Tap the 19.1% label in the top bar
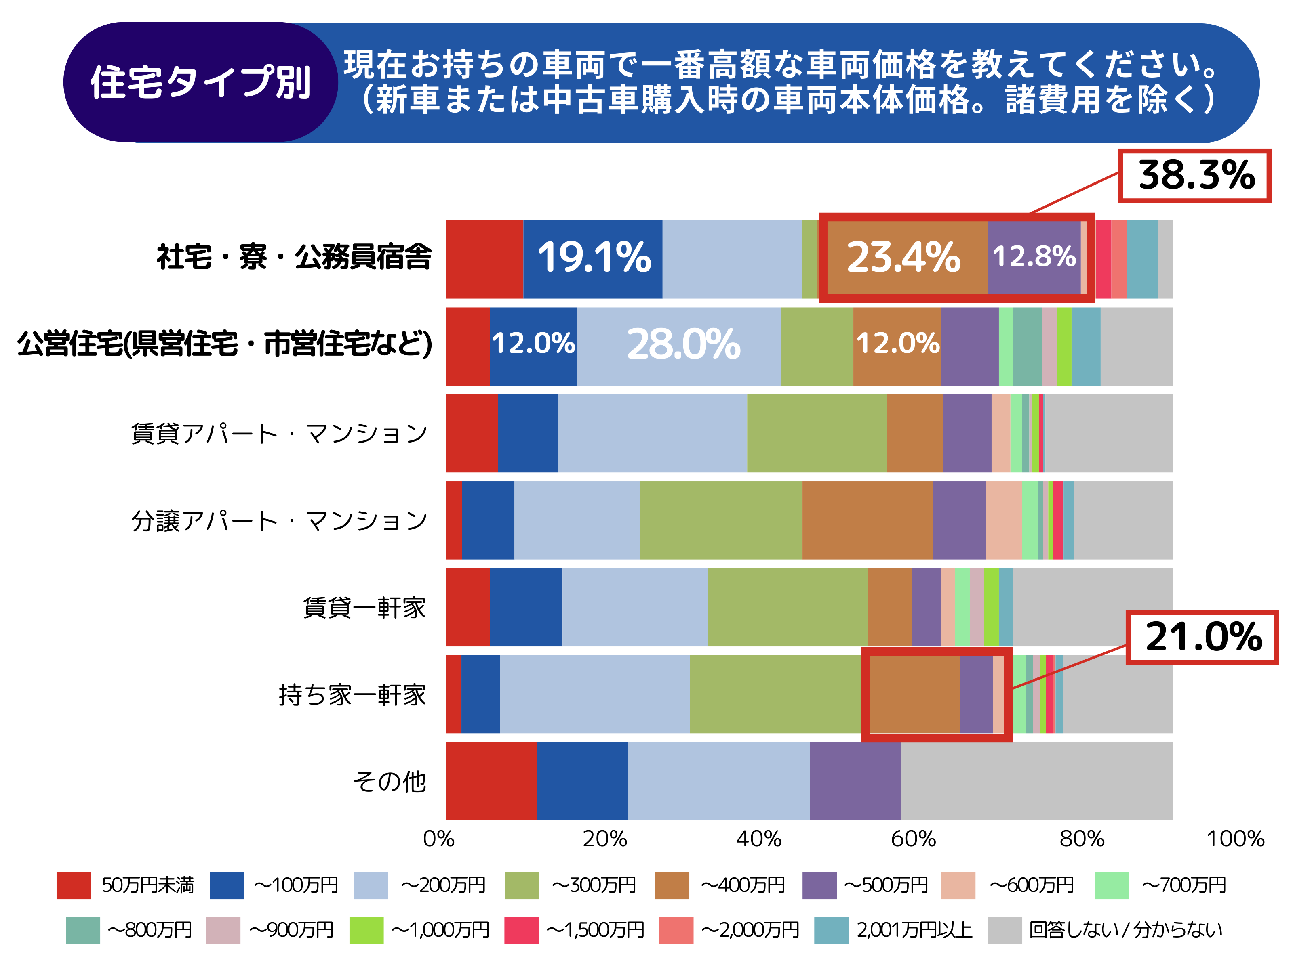click(593, 258)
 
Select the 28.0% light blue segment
click(682, 345)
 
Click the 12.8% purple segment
click(1034, 257)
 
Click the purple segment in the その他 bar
click(855, 781)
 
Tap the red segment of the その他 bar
click(491, 781)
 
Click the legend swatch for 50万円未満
click(74, 885)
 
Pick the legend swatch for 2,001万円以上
click(831, 930)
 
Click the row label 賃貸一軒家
click(364, 608)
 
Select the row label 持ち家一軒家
click(352, 694)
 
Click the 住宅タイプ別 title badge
click(200, 82)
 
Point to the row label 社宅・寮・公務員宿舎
click(294, 258)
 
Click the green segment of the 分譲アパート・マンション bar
click(721, 520)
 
